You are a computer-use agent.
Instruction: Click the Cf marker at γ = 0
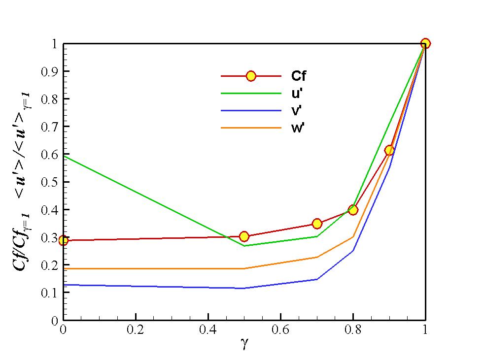coord(63,240)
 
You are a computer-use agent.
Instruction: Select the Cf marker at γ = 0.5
coord(244,236)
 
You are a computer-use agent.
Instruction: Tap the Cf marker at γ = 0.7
coord(317,224)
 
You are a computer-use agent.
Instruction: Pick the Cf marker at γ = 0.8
coord(353,210)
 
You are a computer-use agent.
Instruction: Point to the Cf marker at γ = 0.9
coord(389,150)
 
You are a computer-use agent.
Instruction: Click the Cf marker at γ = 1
coord(425,43)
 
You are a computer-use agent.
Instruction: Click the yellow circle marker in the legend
coord(251,76)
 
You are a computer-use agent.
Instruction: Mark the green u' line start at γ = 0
coord(64,156)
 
